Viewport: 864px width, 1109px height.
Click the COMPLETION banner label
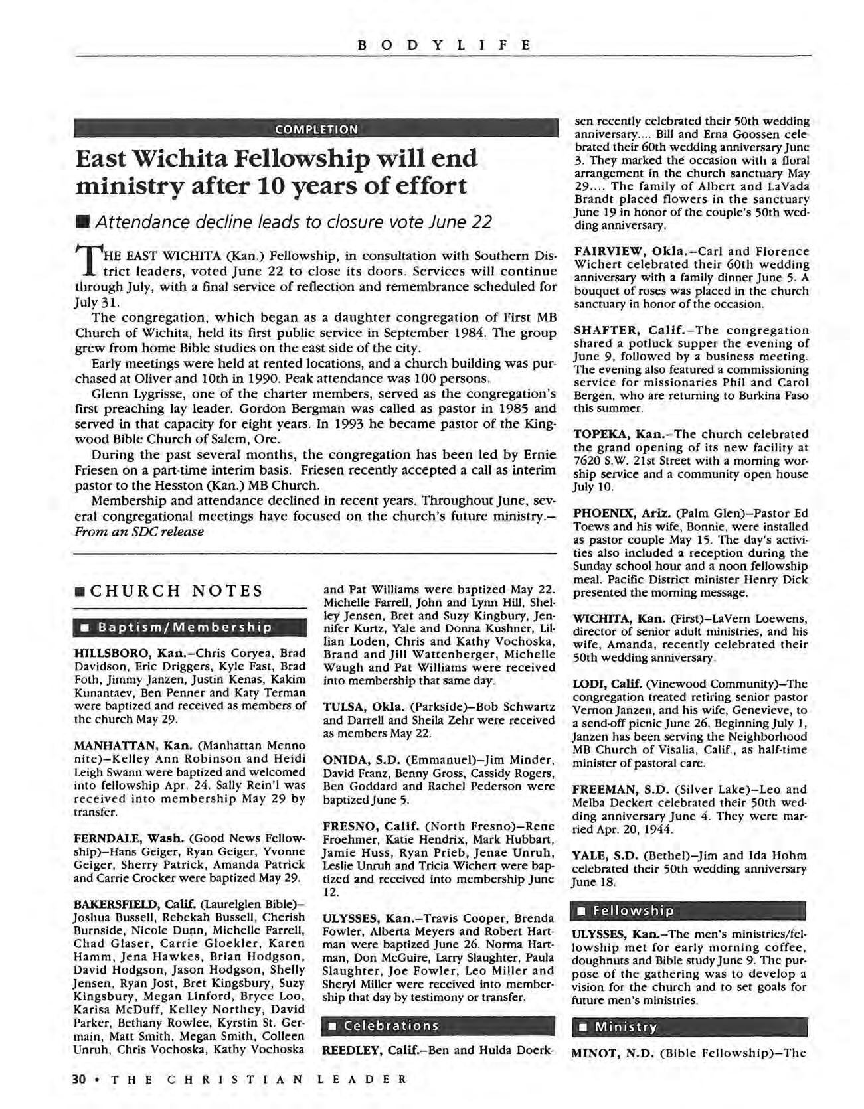point(315,129)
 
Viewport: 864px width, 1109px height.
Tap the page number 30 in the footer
point(79,1079)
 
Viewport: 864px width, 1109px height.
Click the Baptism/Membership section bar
point(185,627)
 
